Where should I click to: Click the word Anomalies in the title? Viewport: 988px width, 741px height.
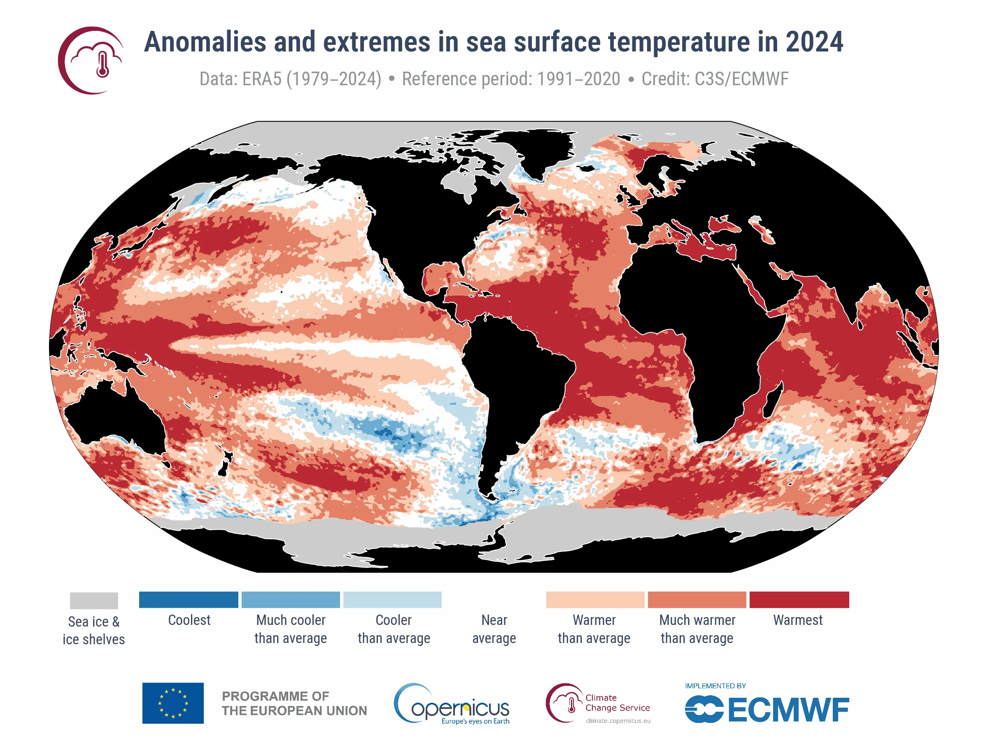[x=205, y=42]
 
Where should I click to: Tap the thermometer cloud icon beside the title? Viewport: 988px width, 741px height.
[x=91, y=60]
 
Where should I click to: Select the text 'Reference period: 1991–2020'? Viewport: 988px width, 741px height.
[x=510, y=79]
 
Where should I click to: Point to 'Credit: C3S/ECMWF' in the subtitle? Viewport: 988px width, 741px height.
[x=715, y=79]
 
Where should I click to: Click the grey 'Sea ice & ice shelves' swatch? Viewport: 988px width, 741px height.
[x=94, y=600]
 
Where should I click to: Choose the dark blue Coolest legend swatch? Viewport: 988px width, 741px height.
[x=189, y=599]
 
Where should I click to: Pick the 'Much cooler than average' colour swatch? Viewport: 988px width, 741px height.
[x=290, y=599]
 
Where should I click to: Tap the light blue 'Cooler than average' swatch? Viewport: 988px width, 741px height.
[x=392, y=599]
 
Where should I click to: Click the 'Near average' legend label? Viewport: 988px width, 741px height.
[x=494, y=629]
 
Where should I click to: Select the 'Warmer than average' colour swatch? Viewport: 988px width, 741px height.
[x=595, y=599]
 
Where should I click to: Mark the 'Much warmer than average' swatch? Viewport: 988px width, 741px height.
[x=697, y=599]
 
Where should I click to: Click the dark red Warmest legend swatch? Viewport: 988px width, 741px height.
[x=799, y=599]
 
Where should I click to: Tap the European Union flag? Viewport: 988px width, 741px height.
[x=173, y=703]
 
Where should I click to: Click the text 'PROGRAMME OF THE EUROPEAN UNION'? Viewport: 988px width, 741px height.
[x=294, y=703]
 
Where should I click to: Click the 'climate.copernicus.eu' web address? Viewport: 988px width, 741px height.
[x=618, y=720]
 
